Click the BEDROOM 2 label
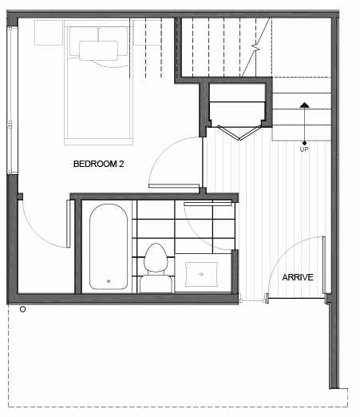(98, 164)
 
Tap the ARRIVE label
(298, 277)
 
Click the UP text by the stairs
(304, 149)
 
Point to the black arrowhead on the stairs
(304, 105)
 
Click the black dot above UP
(304, 143)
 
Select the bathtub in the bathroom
(109, 247)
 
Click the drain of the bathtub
(109, 281)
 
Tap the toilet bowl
(156, 257)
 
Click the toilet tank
(156, 284)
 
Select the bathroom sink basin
(201, 274)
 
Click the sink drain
(201, 274)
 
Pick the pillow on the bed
(99, 50)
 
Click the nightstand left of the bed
(49, 33)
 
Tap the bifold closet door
(239, 133)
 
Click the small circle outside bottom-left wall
(23, 309)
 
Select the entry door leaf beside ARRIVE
(324, 265)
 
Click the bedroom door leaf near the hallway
(174, 185)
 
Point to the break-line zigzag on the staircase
(256, 48)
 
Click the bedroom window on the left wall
(10, 101)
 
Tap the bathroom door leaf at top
(208, 204)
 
